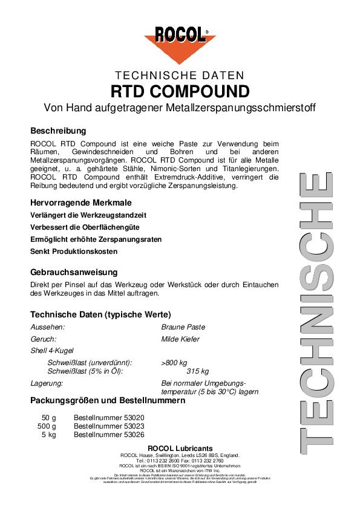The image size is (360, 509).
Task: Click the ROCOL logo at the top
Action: coord(180,42)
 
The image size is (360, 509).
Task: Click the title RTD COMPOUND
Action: coord(180,92)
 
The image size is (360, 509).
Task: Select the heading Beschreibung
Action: coord(58,131)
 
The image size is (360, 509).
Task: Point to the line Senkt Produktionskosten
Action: coord(74,251)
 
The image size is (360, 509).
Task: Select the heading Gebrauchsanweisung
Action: coord(74,272)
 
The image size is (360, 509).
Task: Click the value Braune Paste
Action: coord(183,327)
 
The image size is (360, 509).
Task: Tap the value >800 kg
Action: coord(174,362)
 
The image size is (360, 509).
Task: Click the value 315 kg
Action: coord(197,371)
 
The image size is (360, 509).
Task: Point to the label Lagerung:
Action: coord(47,383)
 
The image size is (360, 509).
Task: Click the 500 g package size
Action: coord(47,426)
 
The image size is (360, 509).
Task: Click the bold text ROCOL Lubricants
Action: coord(180,448)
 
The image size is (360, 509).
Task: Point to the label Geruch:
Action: coord(44,339)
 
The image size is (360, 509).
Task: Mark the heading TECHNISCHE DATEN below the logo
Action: coord(180,76)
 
